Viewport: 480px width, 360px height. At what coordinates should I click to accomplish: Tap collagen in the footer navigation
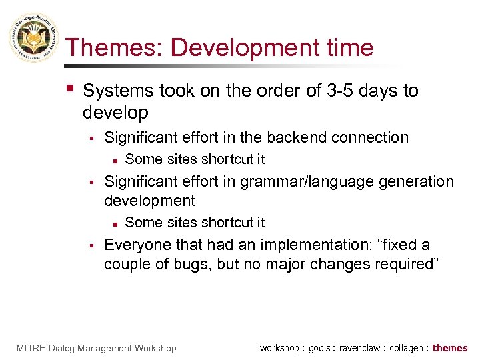point(406,348)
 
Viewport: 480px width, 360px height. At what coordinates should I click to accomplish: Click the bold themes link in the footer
point(450,348)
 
